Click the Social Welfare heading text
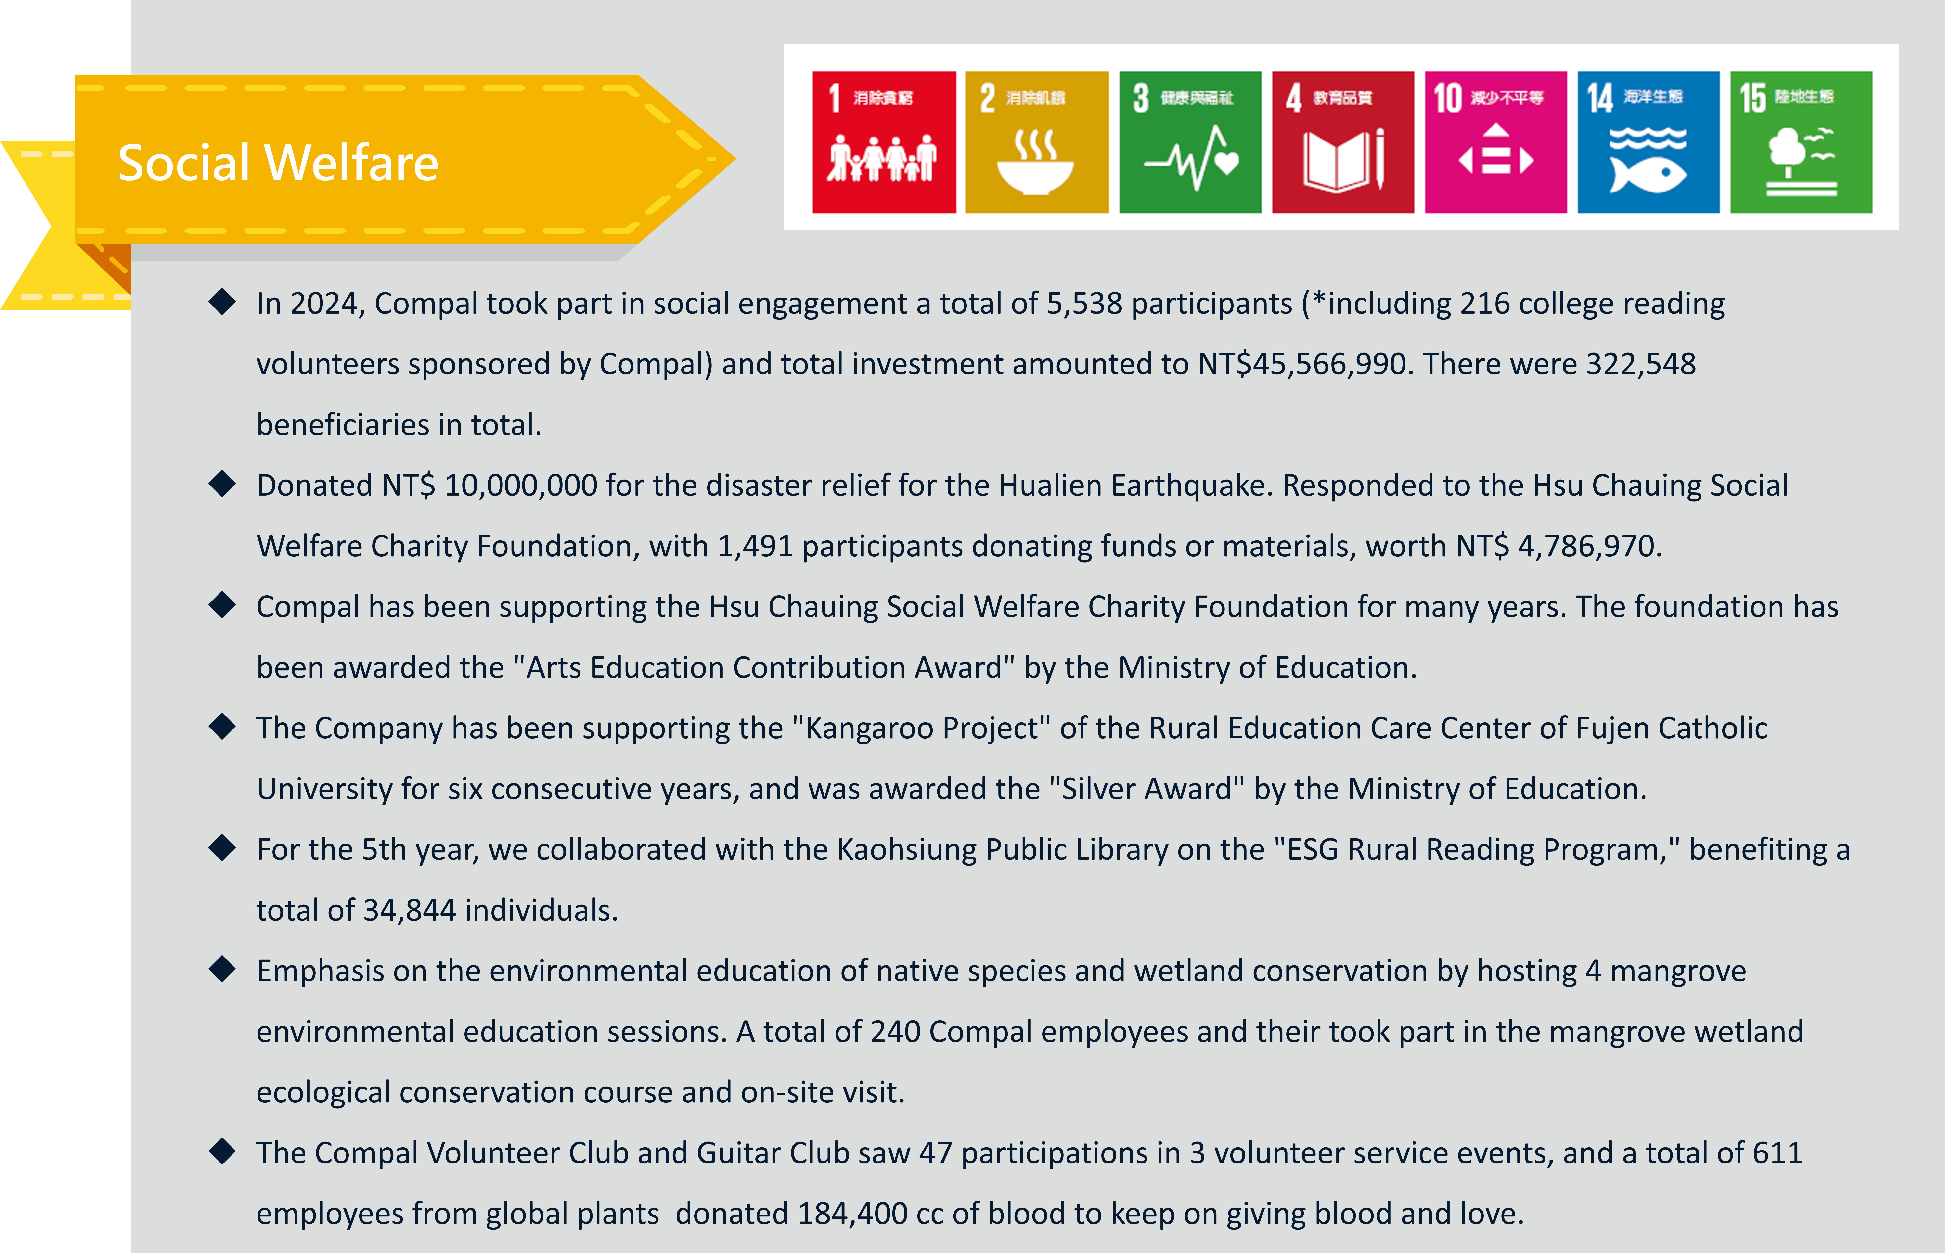click(278, 163)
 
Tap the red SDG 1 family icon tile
click(884, 142)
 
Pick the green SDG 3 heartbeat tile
click(1190, 142)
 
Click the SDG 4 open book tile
click(1343, 142)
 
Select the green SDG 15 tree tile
click(1801, 142)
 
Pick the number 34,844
click(409, 910)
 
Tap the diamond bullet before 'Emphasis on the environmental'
click(221, 970)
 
